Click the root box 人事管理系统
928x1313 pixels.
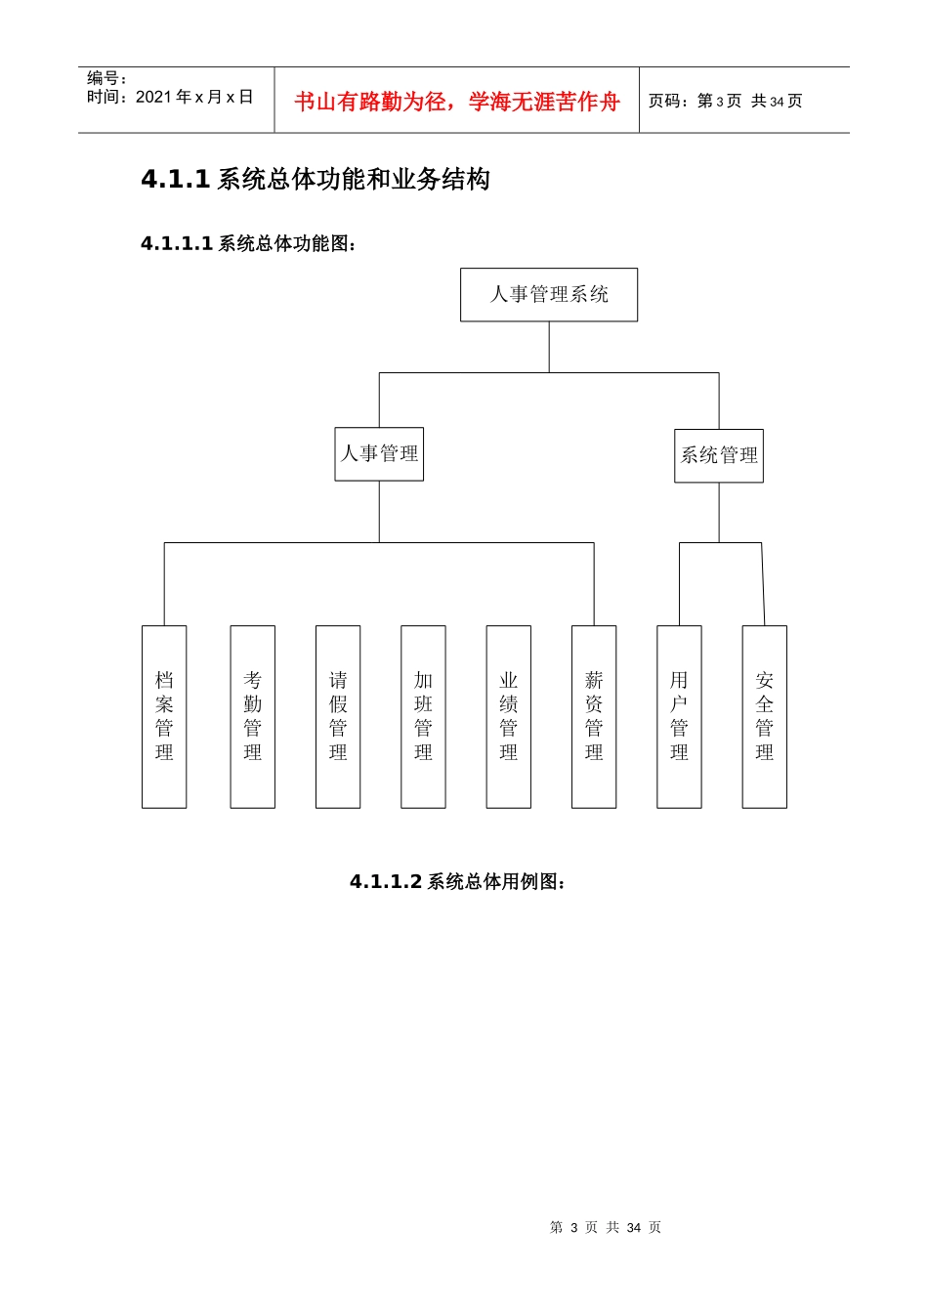tap(549, 295)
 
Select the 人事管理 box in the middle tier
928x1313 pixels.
tap(379, 454)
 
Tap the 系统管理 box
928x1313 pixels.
tap(719, 456)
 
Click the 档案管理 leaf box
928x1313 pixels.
tap(164, 716)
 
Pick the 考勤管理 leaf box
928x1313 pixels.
tap(253, 716)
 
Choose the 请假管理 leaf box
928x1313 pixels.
tap(338, 716)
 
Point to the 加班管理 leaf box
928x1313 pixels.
tap(423, 716)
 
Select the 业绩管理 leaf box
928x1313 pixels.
tap(509, 716)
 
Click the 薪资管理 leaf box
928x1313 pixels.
tap(594, 716)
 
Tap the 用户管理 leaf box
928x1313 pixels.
tap(679, 716)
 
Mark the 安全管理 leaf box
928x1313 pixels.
tap(765, 716)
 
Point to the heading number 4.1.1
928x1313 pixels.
tap(176, 180)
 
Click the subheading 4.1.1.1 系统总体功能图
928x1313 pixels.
tap(249, 244)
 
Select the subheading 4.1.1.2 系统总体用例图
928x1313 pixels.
tap(458, 882)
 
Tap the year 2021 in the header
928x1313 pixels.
tap(153, 97)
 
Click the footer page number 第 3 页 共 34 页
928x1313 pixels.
tap(606, 1228)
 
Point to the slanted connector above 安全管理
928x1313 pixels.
tap(763, 584)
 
